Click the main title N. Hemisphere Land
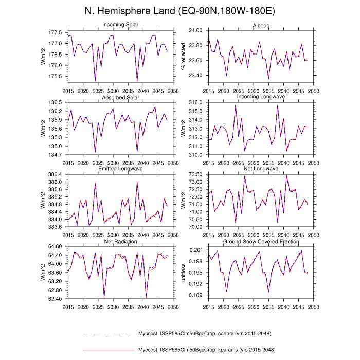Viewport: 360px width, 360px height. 179,11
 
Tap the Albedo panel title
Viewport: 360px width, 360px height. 261,25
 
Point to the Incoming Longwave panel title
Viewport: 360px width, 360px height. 261,97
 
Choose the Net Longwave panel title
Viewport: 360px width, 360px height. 261,169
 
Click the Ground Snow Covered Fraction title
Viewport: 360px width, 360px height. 261,241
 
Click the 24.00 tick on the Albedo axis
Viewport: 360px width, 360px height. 196,30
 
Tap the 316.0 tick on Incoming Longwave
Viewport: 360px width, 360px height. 196,102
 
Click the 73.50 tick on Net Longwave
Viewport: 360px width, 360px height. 196,174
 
